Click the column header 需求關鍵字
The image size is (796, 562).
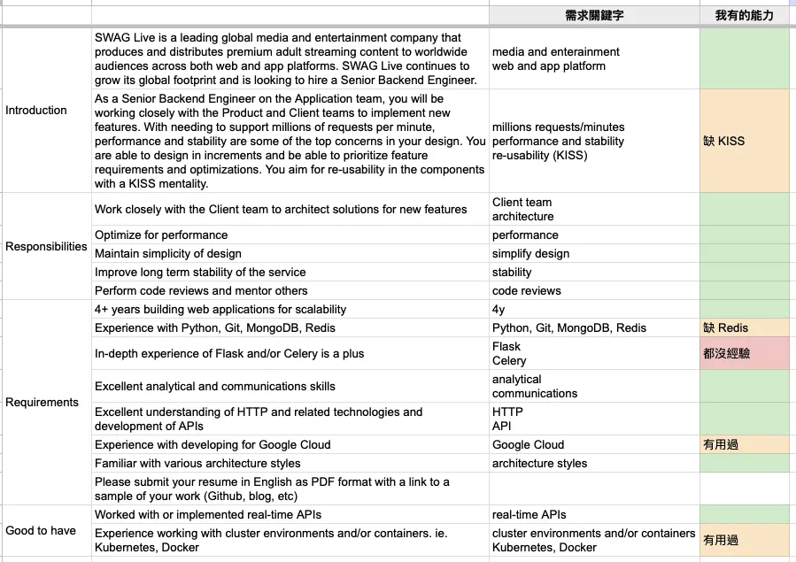tap(593, 16)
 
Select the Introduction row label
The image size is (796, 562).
tap(36, 111)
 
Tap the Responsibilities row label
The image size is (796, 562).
tap(46, 247)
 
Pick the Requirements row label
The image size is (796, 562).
tap(43, 402)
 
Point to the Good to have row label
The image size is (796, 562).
tap(41, 530)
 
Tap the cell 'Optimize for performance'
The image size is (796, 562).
tap(161, 235)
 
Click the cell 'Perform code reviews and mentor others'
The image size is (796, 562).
tap(201, 290)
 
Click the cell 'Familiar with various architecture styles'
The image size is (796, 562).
tap(197, 463)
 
